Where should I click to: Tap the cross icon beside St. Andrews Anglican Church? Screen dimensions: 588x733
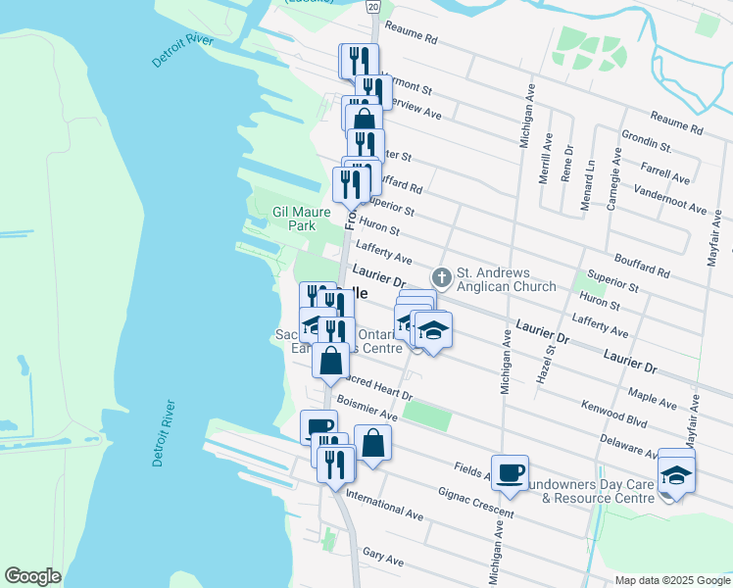(x=441, y=278)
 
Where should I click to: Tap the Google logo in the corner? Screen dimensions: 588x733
(x=32, y=576)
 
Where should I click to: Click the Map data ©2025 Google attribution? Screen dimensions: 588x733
(x=671, y=580)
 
